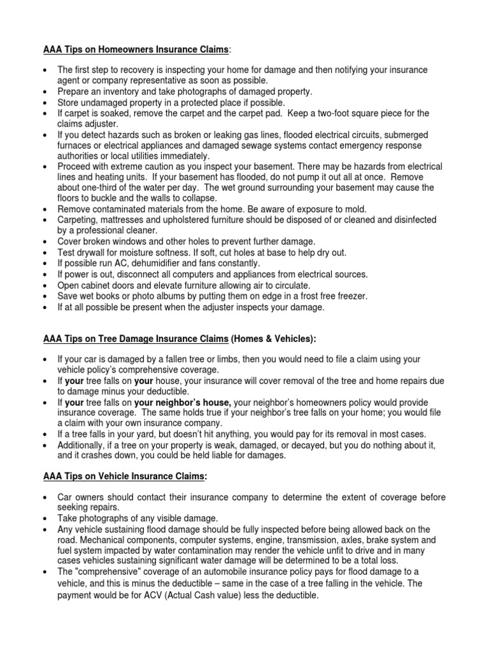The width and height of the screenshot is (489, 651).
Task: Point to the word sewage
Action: click(x=271, y=146)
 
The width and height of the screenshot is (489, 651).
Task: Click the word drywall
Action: click(x=95, y=252)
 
